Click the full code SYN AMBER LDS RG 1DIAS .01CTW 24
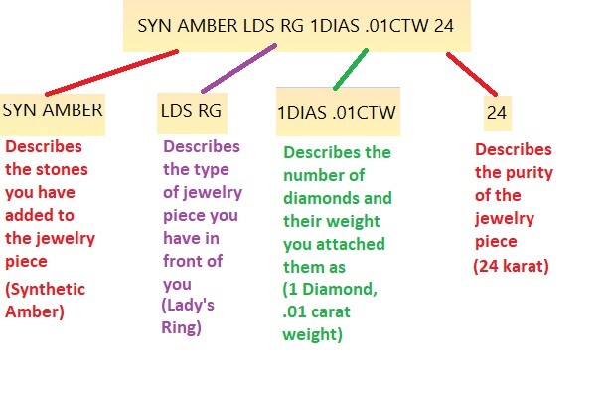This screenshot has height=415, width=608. coord(295,26)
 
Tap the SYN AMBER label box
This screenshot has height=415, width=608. coord(53,114)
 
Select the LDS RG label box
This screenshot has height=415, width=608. coord(192,113)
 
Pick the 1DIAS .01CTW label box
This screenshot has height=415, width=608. coord(338,111)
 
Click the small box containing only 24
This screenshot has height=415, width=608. coord(498,113)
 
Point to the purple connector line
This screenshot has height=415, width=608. coord(238,68)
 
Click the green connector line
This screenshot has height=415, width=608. coord(351,69)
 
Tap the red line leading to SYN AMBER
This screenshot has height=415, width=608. coord(111,73)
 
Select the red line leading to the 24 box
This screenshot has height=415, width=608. coord(472,74)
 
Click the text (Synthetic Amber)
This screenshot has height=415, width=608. coord(45,301)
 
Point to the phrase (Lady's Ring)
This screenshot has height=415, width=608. coord(188,316)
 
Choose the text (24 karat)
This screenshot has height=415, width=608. coord(511,267)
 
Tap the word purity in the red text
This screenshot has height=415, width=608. coord(529,173)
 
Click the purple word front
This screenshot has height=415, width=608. coord(180,261)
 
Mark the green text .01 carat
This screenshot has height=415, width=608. coord(316,311)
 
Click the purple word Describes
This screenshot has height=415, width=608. coord(202,146)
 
